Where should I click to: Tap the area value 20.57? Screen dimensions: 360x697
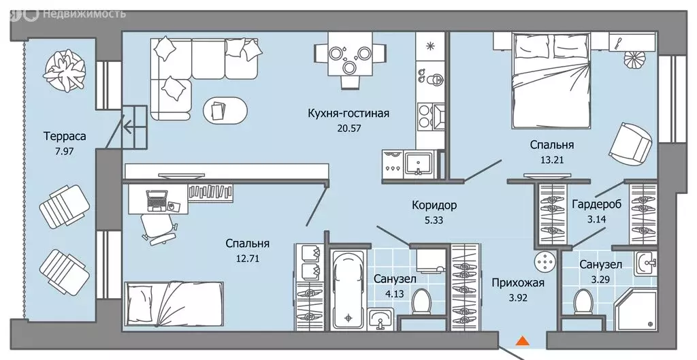(348, 127)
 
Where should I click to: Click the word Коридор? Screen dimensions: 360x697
(434, 205)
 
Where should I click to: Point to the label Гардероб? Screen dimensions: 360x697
(596, 204)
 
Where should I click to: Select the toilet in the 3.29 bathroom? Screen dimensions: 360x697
(583, 299)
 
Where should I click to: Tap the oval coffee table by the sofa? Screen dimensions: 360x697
(226, 108)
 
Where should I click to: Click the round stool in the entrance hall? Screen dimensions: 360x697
(545, 261)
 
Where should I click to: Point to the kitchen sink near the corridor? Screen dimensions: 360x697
(415, 163)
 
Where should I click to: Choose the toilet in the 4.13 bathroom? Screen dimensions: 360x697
(421, 300)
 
